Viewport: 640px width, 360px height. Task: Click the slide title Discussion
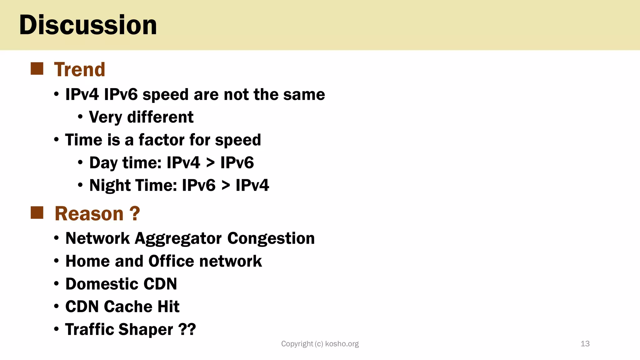88,25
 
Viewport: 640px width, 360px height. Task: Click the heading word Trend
80,69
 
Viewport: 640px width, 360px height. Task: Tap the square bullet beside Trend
37,69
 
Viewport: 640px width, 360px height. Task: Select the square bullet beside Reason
37,213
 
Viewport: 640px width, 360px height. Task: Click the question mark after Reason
134,214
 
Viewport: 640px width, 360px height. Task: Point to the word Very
105,117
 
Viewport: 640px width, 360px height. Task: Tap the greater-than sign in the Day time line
210,163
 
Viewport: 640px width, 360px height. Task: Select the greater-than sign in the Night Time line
226,186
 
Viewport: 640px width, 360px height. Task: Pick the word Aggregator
178,239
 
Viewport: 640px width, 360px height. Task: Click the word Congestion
271,239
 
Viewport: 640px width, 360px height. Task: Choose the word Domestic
102,284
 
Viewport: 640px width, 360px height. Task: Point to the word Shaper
146,330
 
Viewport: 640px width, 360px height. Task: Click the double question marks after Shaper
187,329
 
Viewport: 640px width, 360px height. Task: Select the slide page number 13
585,344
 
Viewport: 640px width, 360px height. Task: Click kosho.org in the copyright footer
342,344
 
